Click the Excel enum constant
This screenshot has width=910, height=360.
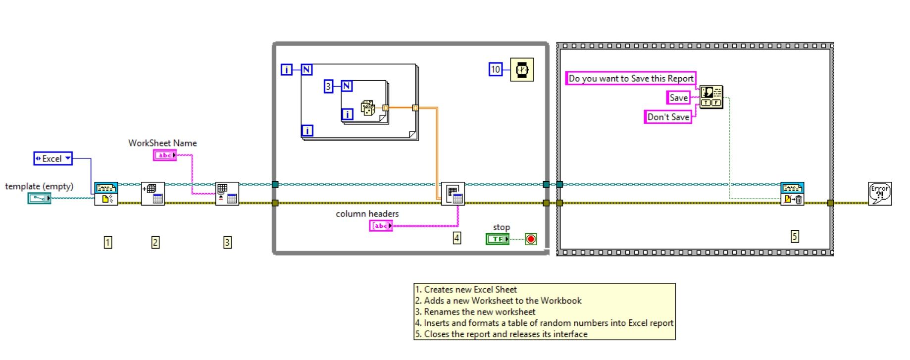[53, 158]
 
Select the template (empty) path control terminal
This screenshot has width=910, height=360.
[39, 198]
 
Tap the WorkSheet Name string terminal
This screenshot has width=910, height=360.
[165, 155]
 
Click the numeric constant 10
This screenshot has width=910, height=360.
[496, 69]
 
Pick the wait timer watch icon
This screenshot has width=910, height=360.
[522, 70]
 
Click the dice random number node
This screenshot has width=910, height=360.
[367, 108]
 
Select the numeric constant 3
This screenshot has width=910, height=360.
[328, 87]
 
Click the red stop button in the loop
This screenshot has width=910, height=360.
[531, 240]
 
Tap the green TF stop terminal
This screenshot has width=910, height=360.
[498, 239]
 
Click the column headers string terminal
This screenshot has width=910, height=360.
[381, 226]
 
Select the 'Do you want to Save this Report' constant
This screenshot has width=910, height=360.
[631, 78]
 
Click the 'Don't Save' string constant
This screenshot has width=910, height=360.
[668, 117]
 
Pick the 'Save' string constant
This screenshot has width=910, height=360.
[678, 98]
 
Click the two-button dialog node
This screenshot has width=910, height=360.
[711, 97]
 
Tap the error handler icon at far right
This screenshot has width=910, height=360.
[880, 194]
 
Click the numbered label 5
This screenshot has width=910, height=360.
[795, 237]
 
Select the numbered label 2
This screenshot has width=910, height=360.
[155, 242]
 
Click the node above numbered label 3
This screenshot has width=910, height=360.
[227, 194]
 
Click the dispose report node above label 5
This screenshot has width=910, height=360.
[792, 194]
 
